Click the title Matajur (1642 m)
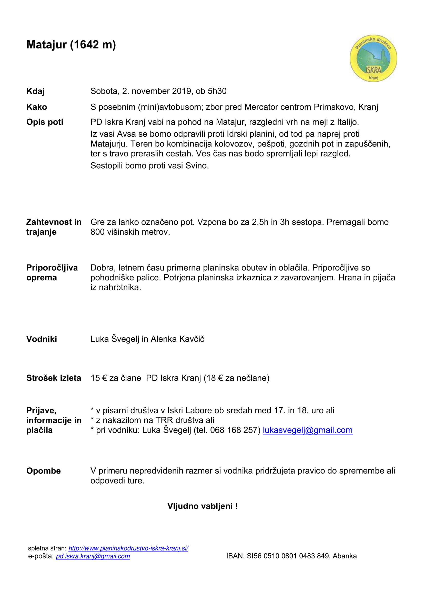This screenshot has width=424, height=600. [x=71, y=45]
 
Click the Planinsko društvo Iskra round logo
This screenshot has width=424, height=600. [x=373, y=58]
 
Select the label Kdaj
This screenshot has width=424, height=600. [x=36, y=91]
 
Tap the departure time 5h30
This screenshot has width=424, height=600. [x=217, y=91]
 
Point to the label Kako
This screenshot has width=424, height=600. [x=37, y=107]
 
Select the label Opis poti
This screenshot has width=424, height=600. [x=45, y=122]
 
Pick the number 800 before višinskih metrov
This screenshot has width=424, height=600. [x=97, y=232]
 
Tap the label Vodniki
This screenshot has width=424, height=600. [x=42, y=339]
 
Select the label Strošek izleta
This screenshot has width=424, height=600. [x=54, y=378]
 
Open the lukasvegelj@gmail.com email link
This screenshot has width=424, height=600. [x=308, y=430]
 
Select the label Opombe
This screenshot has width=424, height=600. [x=43, y=471]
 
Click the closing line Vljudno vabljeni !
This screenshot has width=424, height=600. [x=202, y=506]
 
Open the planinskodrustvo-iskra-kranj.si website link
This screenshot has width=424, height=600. [x=128, y=548]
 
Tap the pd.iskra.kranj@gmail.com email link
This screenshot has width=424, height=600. [x=93, y=556]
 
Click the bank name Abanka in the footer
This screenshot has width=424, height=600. [x=345, y=556]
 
